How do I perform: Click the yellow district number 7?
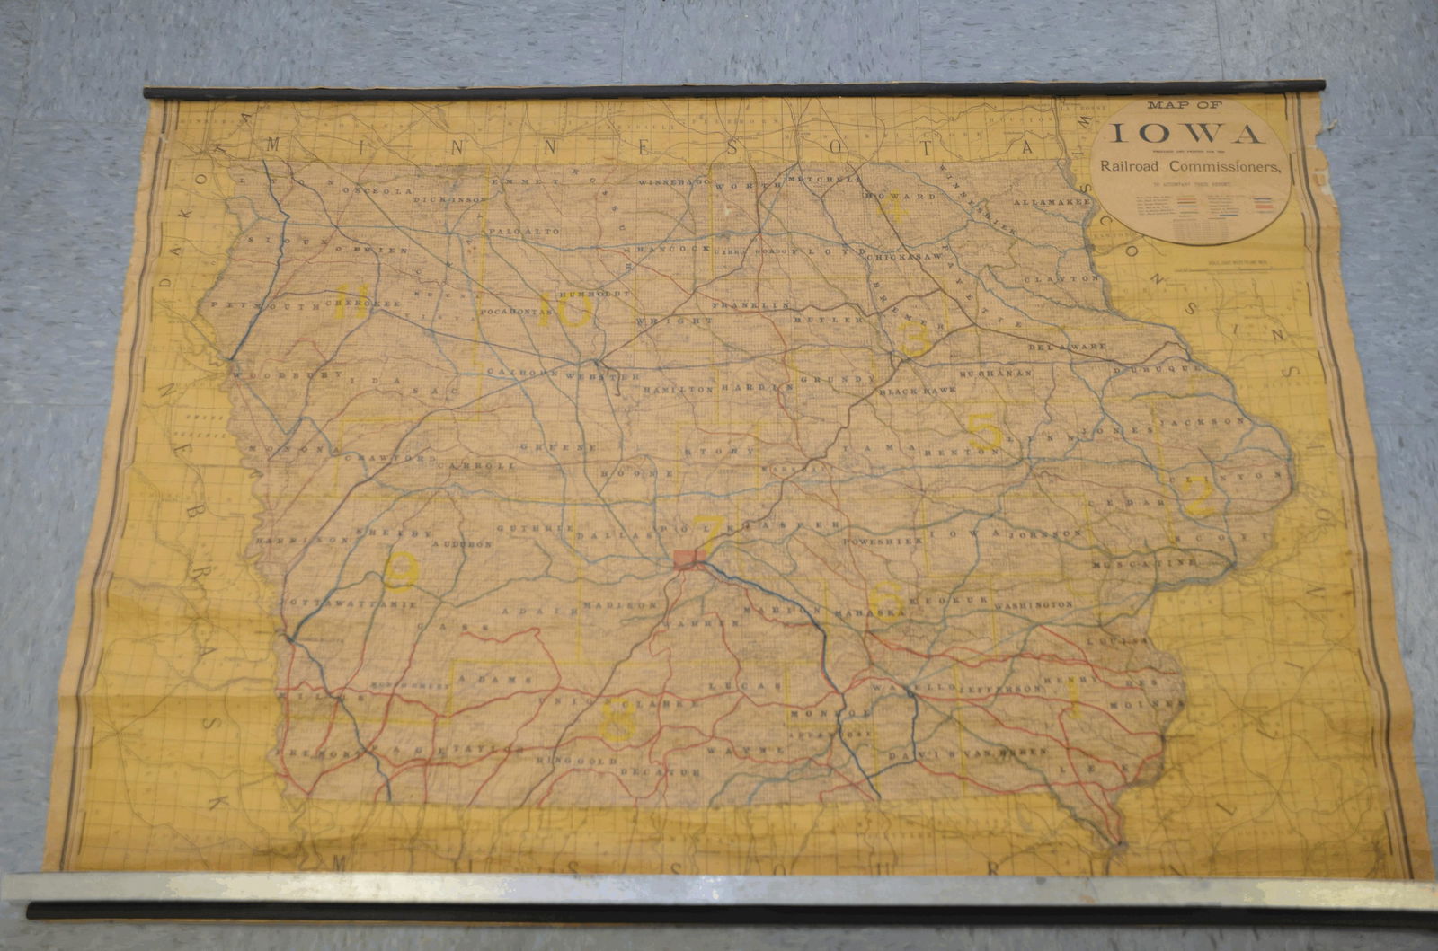click(706, 536)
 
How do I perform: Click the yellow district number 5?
click(986, 431)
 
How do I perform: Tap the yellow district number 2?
click(1200, 496)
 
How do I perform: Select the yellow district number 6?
click(887, 597)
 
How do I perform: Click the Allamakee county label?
click(1052, 203)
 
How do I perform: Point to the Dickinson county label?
click(449, 200)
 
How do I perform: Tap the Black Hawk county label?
click(913, 392)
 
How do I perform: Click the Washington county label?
click(1034, 605)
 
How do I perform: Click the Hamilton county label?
click(678, 390)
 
